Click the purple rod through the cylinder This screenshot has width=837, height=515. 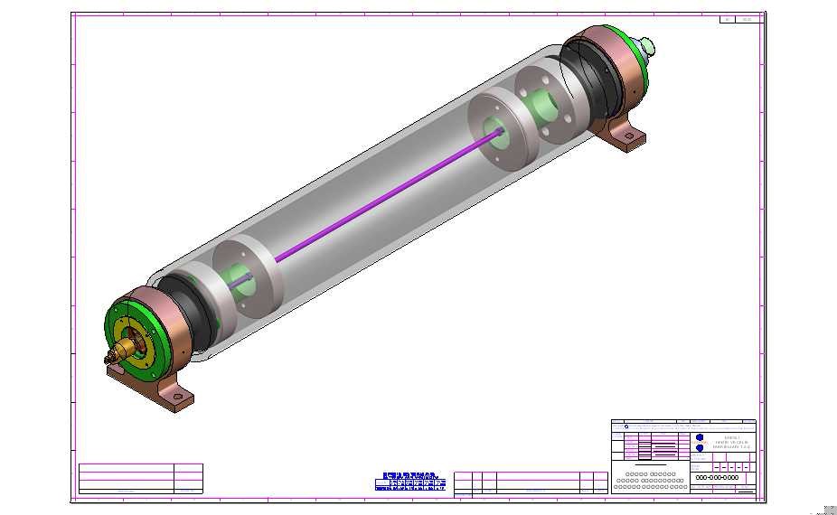tap(389, 195)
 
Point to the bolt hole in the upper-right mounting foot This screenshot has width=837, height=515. tap(630, 138)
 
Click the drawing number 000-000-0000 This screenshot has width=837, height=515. tap(717, 478)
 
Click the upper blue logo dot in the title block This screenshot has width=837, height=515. tap(700, 437)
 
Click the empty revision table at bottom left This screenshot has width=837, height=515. tap(140, 478)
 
